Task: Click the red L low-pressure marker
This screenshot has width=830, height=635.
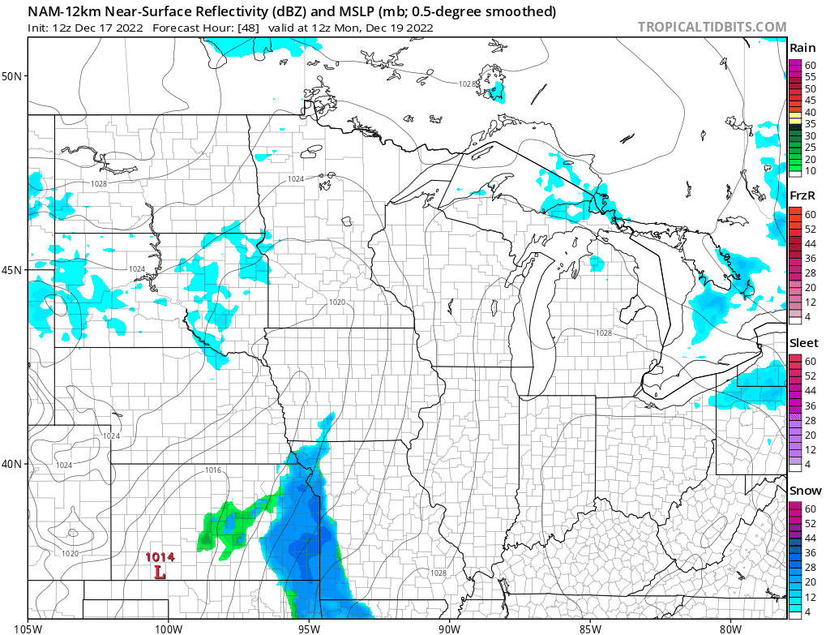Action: (x=160, y=573)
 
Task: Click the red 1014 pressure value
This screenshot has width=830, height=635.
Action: (x=160, y=557)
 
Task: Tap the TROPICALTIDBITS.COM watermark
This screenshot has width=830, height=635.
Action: (x=712, y=27)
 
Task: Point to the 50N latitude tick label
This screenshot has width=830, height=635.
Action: (x=14, y=76)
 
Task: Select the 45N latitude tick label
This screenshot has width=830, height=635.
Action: (x=14, y=269)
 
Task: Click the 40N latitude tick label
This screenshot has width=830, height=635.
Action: (x=14, y=463)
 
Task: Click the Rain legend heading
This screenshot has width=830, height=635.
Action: (x=802, y=48)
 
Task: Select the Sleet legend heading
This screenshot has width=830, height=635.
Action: (x=804, y=343)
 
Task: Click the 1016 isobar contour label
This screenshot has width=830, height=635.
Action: (x=213, y=470)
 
